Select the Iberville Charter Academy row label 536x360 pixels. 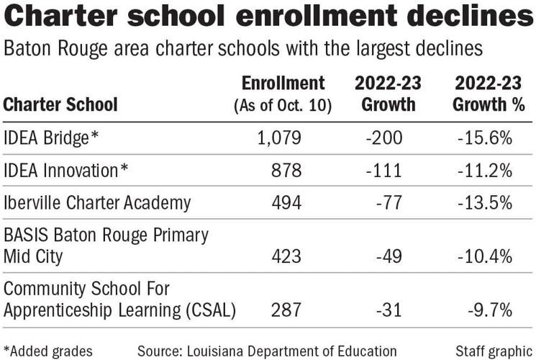[97, 203]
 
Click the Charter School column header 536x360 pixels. [60, 104]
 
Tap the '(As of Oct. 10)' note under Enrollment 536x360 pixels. [283, 105]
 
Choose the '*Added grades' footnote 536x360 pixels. [47, 351]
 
